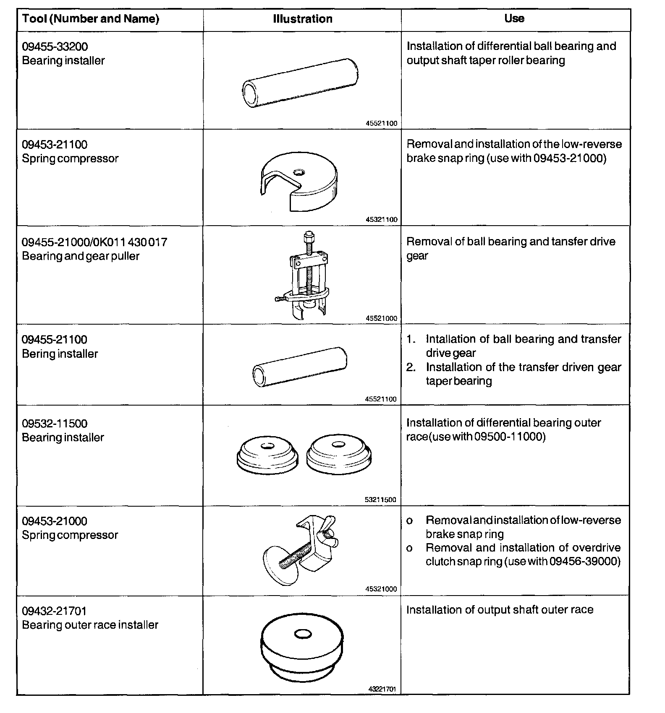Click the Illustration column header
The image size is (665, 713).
click(302, 19)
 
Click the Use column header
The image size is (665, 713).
click(514, 18)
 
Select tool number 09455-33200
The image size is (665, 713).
click(55, 47)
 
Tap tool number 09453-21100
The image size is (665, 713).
click(55, 145)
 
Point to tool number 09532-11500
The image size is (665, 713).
click(55, 424)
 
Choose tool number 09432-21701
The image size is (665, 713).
click(54, 611)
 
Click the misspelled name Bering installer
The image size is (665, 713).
click(60, 354)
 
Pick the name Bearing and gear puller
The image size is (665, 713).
click(81, 256)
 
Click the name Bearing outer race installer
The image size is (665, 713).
click(90, 625)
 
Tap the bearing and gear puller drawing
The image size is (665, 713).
click(304, 277)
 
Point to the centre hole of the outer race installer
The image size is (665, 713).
click(302, 634)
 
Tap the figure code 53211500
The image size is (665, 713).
click(381, 500)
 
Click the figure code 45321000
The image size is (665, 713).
click(381, 589)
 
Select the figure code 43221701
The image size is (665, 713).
click(382, 689)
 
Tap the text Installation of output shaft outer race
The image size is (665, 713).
click(500, 610)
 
